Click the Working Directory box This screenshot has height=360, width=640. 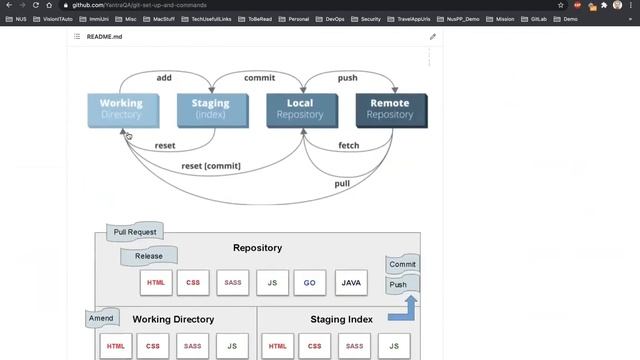pos(121,109)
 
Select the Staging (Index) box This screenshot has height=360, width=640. pos(210,109)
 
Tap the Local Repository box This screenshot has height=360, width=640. pos(300,109)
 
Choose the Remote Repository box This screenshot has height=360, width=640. pos(390,109)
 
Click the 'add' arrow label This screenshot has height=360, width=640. pos(164,77)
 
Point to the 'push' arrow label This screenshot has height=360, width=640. pos(347,77)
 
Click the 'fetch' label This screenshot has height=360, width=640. pos(348,146)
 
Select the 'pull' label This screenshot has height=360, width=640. pos(342,183)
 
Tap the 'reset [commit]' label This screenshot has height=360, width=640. pos(210,165)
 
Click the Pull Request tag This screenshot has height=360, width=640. pos(134,232)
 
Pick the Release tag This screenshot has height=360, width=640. pos(148,256)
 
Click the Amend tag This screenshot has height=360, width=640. pos(100,319)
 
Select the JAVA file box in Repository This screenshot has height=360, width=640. pos(351,283)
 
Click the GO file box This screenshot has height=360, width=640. pos(310,283)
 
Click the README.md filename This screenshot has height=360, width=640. pos(104,36)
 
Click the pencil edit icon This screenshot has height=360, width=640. pos(433,36)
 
